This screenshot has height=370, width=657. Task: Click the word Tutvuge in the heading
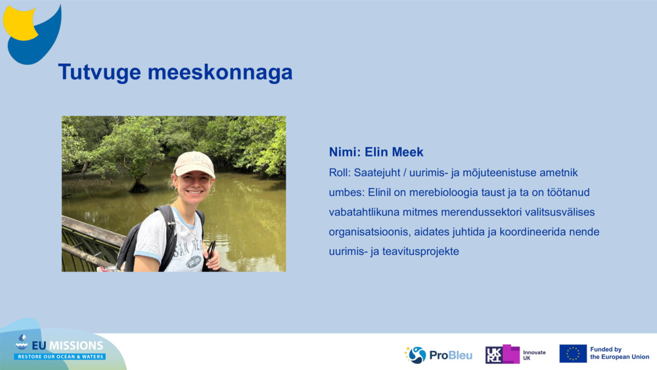(x=99, y=72)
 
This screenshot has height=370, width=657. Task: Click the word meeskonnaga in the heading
(x=220, y=72)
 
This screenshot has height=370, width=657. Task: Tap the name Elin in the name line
(x=376, y=152)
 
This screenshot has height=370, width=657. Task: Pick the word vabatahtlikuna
(x=364, y=212)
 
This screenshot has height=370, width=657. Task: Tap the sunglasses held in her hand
(x=210, y=252)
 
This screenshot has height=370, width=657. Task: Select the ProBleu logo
(x=438, y=355)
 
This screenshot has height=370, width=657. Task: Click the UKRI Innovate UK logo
(x=515, y=354)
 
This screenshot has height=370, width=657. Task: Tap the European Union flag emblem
(x=573, y=354)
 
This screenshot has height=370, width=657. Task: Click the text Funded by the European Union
(x=620, y=353)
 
